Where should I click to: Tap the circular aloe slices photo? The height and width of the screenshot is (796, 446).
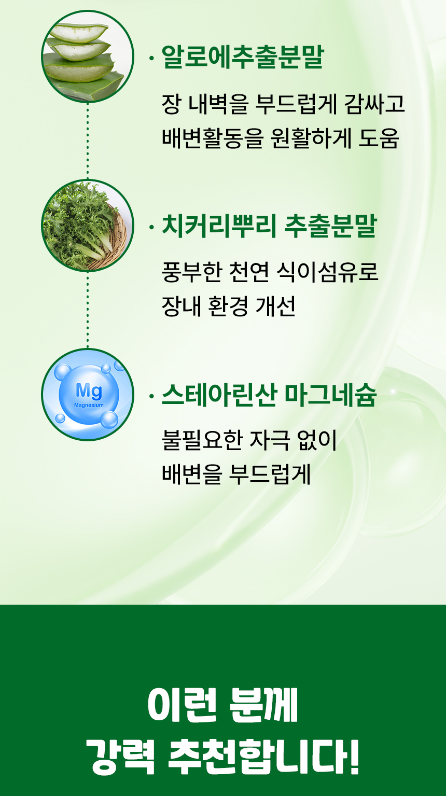[88, 57]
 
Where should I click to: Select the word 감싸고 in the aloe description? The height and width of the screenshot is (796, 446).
[374, 104]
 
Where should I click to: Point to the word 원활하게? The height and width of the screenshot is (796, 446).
[311, 137]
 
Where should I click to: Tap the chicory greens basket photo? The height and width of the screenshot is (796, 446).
[88, 225]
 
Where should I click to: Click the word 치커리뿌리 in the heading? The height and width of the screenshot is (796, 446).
[219, 226]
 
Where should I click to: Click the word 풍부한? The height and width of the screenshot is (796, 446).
[192, 272]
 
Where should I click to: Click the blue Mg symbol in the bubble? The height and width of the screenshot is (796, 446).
[89, 391]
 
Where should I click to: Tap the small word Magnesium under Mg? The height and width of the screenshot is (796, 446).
[89, 405]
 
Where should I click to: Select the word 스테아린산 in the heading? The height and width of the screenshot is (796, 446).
[219, 395]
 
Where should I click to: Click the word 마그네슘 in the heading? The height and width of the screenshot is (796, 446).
[330, 395]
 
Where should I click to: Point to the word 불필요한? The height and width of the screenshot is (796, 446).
[202, 440]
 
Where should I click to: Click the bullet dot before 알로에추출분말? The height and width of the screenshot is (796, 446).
[152, 58]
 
